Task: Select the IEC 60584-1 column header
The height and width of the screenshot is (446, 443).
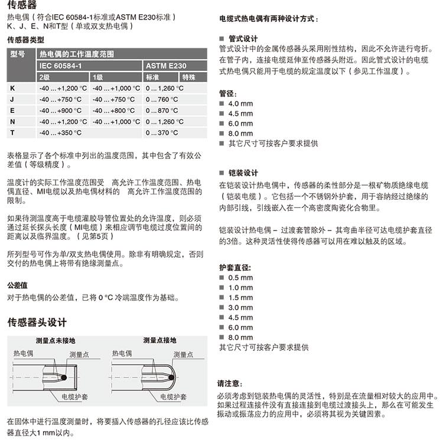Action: click(x=61, y=66)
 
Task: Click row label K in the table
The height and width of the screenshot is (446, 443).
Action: click(x=12, y=88)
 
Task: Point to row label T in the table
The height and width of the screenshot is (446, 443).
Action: click(x=12, y=133)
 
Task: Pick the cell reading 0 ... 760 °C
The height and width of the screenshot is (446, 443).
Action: click(x=162, y=99)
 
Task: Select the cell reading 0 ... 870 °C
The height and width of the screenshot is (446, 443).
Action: click(x=162, y=110)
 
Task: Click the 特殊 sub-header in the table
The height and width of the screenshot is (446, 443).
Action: click(x=189, y=77)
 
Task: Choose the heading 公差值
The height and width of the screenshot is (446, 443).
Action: click(x=17, y=285)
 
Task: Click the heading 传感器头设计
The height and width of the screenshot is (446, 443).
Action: click(x=37, y=323)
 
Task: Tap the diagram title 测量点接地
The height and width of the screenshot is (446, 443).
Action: click(x=159, y=341)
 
